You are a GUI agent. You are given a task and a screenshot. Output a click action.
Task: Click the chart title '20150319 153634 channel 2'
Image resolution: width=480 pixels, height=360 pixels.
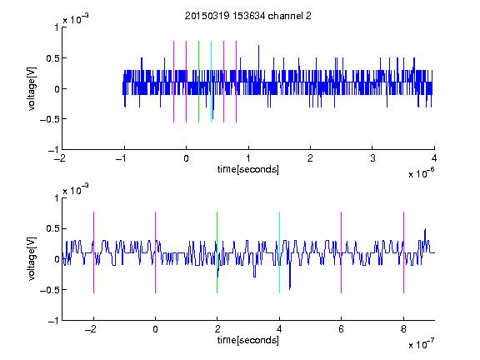248,16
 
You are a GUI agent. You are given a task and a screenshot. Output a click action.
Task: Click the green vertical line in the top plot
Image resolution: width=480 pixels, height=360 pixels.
198,82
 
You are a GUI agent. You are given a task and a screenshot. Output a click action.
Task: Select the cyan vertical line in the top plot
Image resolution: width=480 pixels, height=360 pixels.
211,82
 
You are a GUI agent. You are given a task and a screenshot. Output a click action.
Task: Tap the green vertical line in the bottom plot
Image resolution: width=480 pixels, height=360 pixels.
217,252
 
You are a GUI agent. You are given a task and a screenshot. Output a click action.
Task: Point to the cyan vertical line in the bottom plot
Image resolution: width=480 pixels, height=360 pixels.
279,252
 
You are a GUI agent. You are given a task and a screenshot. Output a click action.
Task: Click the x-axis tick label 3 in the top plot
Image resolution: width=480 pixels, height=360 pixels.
372,158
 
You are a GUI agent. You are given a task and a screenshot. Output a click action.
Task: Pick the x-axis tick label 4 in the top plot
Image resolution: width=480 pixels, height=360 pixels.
434,158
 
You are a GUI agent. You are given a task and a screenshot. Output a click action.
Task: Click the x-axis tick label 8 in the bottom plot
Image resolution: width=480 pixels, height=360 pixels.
403,329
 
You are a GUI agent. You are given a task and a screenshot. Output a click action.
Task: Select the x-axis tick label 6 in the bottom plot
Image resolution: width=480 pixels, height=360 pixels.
341,329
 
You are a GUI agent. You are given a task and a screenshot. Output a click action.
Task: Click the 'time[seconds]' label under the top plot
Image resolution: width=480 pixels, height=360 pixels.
248,169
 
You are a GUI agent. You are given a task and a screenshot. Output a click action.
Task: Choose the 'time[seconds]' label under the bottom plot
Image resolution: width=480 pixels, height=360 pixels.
248,340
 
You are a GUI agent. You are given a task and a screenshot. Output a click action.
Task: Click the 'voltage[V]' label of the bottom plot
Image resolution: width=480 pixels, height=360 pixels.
32,259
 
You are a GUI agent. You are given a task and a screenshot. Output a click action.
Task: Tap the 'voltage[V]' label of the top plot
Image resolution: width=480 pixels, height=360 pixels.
32,88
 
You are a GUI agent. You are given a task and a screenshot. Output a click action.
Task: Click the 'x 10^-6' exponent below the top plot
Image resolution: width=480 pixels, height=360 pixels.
422,173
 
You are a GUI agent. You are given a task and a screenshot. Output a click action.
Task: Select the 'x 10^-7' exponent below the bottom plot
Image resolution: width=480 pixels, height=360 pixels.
422,344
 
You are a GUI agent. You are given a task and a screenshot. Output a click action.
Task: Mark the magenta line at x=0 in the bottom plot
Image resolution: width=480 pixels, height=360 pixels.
155,252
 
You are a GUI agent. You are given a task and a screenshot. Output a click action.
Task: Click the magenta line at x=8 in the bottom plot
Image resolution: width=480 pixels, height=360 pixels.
403,252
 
